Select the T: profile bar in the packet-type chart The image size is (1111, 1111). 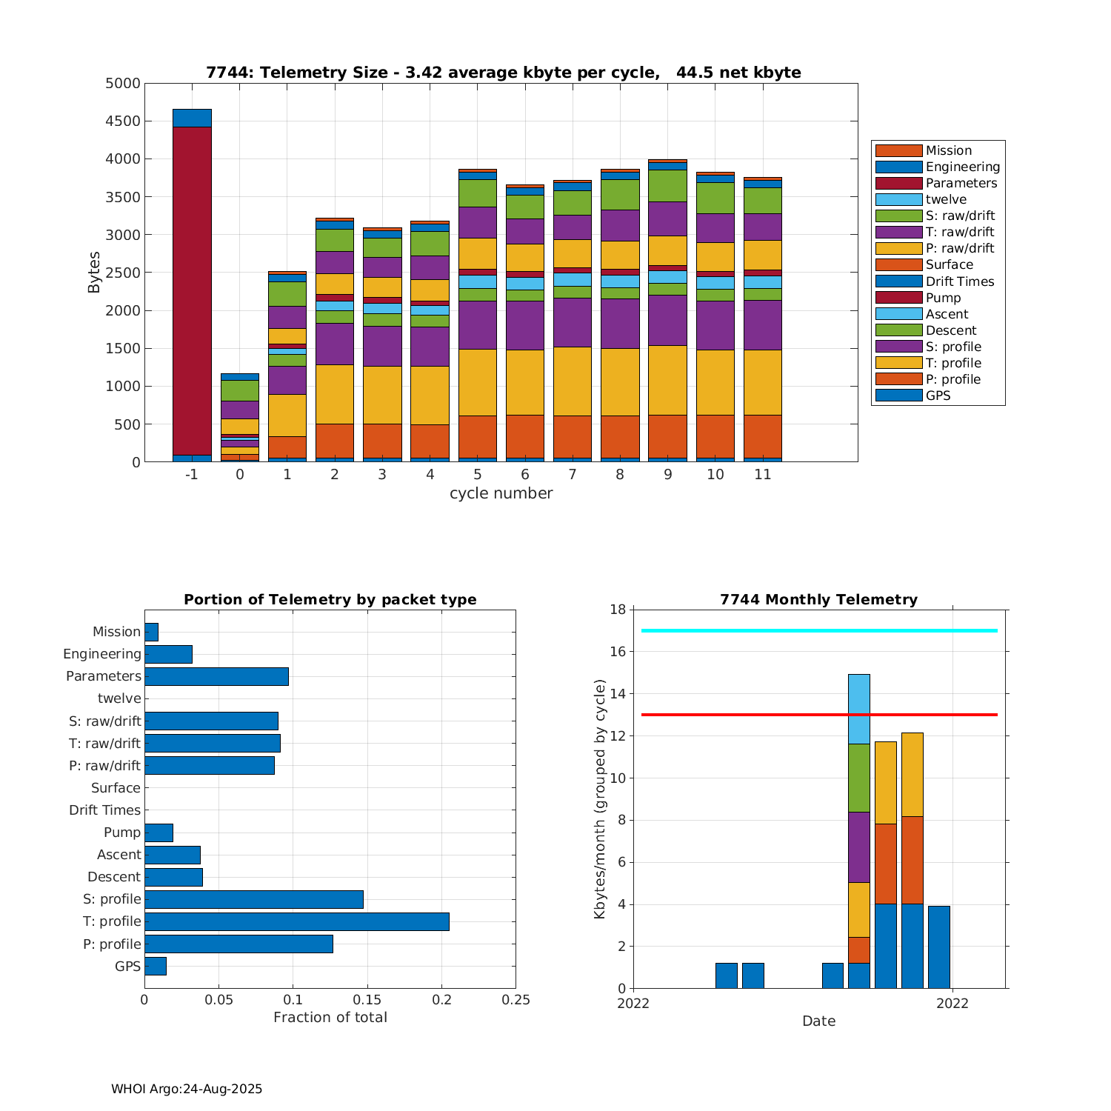(296, 921)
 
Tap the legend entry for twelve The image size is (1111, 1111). (946, 199)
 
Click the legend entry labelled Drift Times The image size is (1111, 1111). (960, 281)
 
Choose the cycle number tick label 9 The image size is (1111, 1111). (668, 475)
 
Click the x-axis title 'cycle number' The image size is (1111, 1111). (501, 493)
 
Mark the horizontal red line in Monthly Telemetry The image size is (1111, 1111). (741, 715)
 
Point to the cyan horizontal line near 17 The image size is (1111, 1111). (741, 630)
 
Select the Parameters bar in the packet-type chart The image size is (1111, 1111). (216, 676)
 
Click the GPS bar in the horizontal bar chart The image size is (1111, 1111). (156, 966)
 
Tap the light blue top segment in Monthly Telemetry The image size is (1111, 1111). (859, 709)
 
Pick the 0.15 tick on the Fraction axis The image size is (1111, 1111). (367, 1000)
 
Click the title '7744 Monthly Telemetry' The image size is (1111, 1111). (818, 600)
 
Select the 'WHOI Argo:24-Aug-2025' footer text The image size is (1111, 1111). (187, 1089)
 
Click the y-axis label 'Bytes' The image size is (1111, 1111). (94, 273)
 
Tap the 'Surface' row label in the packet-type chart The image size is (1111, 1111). (116, 788)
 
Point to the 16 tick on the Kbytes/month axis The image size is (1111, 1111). (617, 652)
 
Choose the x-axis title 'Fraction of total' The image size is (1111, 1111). (330, 1018)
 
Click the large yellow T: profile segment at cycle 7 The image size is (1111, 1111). (573, 381)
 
